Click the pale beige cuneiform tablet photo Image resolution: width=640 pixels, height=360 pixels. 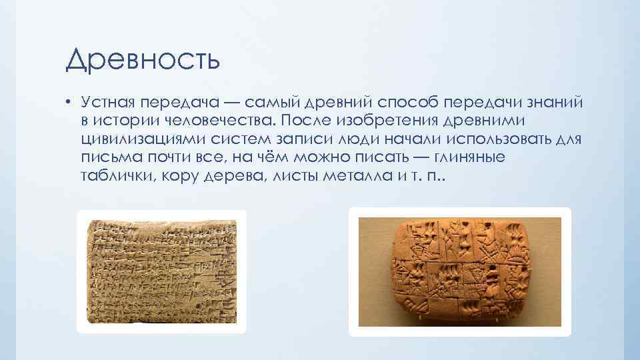[161, 270]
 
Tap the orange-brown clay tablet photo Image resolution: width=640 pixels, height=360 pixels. [460, 271]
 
